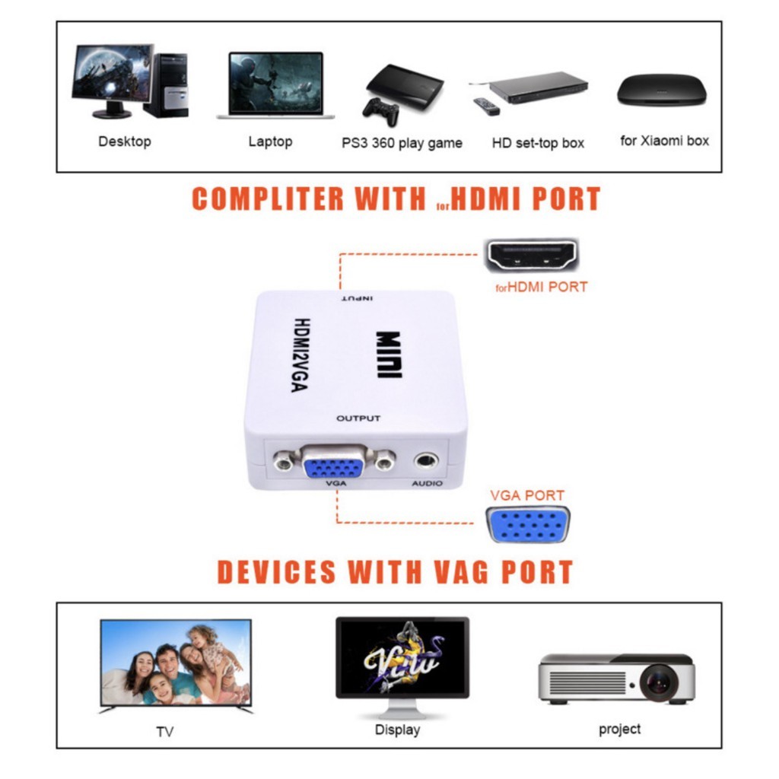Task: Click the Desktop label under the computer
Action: tap(125, 141)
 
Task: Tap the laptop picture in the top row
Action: tap(275, 85)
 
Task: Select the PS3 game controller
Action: tap(381, 113)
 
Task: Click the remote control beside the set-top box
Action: tap(486, 107)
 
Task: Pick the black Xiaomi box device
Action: tap(662, 90)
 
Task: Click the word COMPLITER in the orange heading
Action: tap(268, 199)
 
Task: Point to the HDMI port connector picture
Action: tap(532, 255)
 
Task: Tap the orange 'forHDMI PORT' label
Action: tap(542, 287)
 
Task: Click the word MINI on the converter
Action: tap(389, 355)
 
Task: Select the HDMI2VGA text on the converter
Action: tap(300, 355)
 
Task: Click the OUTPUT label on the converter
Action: tap(358, 418)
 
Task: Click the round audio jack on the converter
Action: tap(426, 461)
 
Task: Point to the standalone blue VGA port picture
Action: tap(528, 525)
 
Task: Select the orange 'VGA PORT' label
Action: tap(527, 495)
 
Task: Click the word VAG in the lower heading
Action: tap(461, 572)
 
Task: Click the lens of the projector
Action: tap(660, 682)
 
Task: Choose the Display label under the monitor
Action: tap(397, 730)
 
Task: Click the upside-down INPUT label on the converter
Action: tap(358, 298)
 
